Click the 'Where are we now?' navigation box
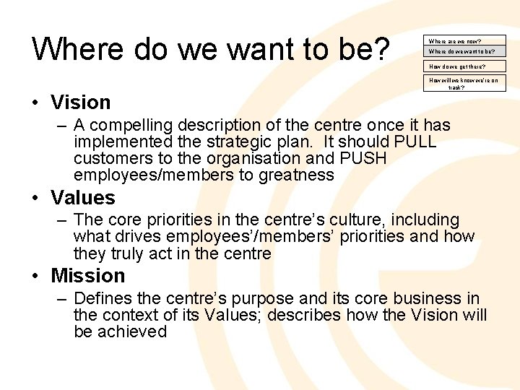464,41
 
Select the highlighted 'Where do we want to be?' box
464,51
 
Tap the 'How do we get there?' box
464,66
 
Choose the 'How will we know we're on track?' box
464,83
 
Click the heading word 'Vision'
81,103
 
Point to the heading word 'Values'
83,198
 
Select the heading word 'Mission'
88,276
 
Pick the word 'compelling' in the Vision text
128,125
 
